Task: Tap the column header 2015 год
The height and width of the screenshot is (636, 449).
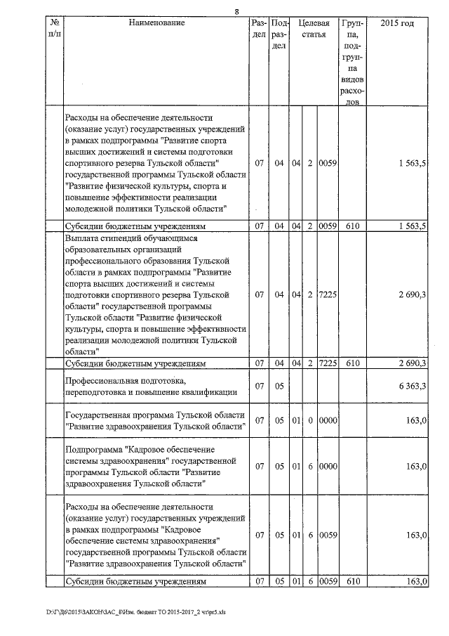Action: click(396, 23)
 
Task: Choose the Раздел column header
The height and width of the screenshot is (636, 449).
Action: click(259, 29)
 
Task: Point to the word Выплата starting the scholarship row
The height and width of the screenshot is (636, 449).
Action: click(81, 238)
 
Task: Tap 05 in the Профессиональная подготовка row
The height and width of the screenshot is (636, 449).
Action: click(279, 386)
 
